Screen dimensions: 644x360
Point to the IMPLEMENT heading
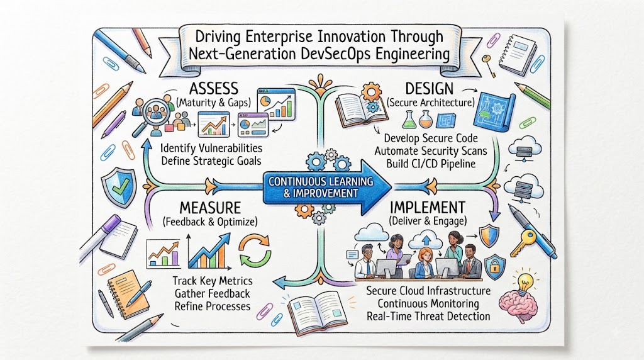pyautogui.click(x=428, y=206)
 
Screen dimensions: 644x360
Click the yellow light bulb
pyautogui.click(x=525, y=282)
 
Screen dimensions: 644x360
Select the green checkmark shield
pyautogui.click(x=119, y=187)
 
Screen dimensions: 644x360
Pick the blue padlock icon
pyautogui.click(x=495, y=266)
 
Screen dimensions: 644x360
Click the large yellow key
pyautogui.click(x=523, y=242)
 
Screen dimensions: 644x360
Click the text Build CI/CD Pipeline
pyautogui.click(x=431, y=164)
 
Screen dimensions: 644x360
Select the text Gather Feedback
pyautogui.click(x=213, y=293)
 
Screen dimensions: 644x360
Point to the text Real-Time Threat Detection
pyautogui.click(x=428, y=316)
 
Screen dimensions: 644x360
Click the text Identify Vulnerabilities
pyautogui.click(x=211, y=147)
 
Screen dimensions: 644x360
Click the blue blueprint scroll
pyautogui.click(x=494, y=110)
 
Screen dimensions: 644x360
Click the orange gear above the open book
pyautogui.click(x=371, y=92)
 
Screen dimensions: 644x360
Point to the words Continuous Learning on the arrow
pyautogui.click(x=321, y=181)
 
